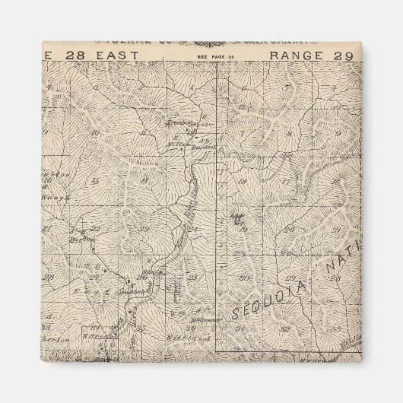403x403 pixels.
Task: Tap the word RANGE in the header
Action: point(299,56)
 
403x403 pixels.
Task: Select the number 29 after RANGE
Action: point(343,56)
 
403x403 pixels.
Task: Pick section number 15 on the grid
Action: point(94,180)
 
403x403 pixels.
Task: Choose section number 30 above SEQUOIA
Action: point(245,278)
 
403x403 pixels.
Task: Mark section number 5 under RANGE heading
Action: point(287,85)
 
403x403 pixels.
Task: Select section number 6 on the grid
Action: point(245,86)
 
